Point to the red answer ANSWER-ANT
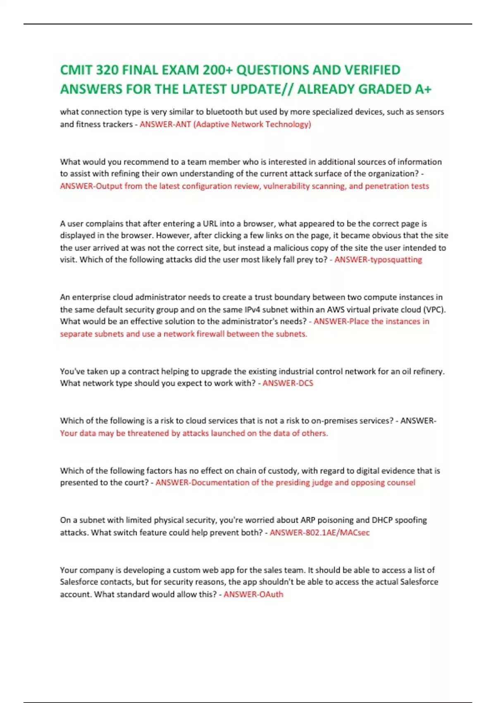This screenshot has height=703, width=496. (165, 124)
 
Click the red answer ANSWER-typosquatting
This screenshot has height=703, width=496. (378, 260)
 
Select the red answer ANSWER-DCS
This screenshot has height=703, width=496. (288, 383)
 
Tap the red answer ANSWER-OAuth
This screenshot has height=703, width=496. (253, 594)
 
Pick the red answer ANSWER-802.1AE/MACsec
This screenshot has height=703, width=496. (320, 532)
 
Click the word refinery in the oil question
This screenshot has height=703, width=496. (428, 371)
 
